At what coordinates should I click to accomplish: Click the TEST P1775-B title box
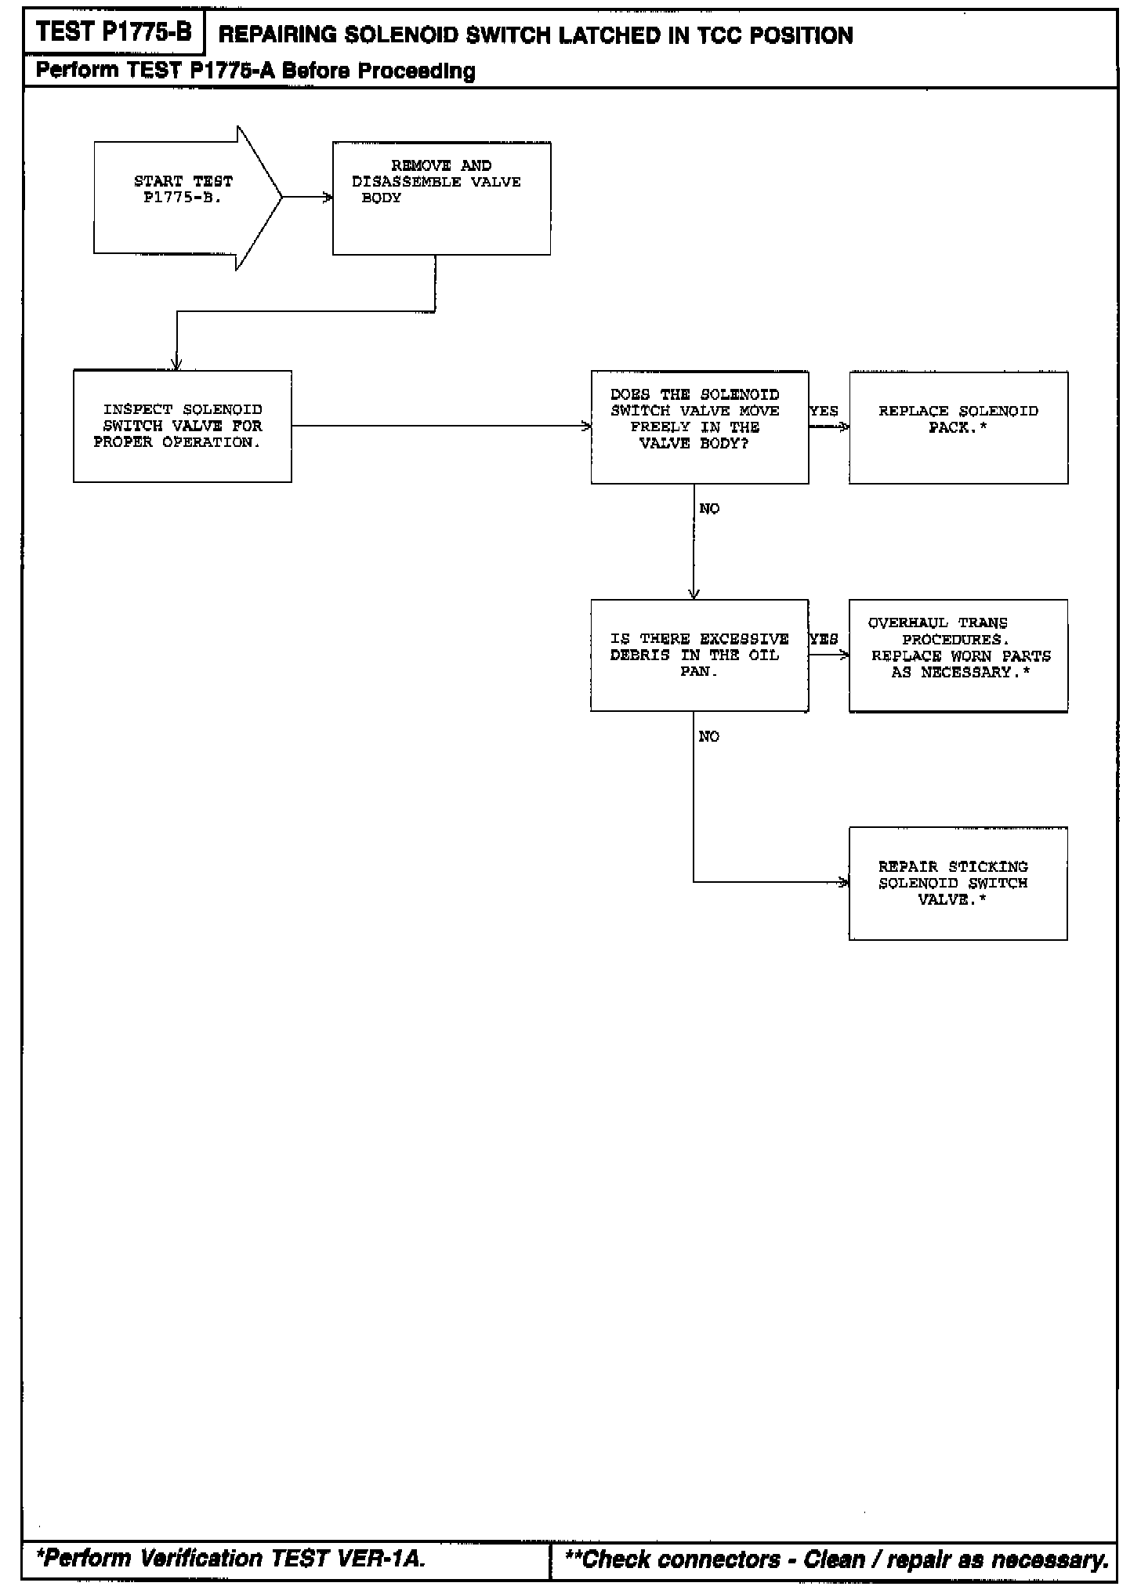114,32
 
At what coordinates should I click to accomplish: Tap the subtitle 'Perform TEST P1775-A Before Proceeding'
255,71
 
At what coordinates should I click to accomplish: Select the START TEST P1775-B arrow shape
185,198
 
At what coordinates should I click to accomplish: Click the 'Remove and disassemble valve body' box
441,198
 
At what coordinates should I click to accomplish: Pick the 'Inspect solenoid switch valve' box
182,427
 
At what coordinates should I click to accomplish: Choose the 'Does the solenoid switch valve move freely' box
699,427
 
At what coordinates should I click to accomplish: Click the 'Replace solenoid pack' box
958,427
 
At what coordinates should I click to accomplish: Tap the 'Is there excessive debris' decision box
699,655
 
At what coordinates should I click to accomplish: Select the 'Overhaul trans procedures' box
958,655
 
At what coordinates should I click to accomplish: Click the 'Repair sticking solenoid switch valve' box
958,884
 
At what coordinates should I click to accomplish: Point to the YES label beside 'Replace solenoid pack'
824,411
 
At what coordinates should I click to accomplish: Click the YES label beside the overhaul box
824,639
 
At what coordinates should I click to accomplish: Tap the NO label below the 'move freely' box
709,509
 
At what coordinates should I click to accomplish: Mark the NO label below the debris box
709,736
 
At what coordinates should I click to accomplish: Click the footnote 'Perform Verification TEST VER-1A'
231,1559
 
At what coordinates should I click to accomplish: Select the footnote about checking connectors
837,1559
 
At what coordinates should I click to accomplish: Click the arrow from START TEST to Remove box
306,198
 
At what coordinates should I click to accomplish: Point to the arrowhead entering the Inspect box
177,365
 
